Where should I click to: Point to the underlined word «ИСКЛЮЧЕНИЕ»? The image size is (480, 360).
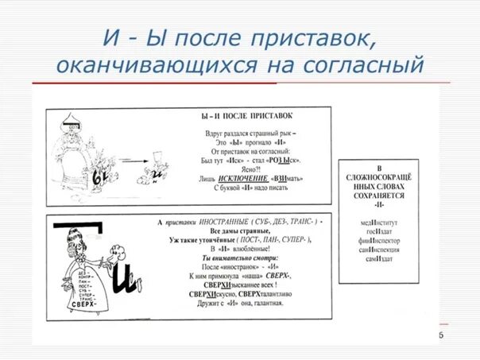tap(238, 179)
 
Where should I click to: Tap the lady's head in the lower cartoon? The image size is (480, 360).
tap(72, 239)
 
